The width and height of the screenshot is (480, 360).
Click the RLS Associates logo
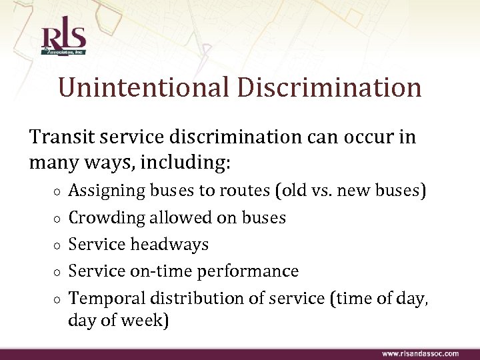[64, 39]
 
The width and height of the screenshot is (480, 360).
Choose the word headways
[169, 245]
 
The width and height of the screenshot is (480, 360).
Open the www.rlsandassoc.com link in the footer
[420, 353]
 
